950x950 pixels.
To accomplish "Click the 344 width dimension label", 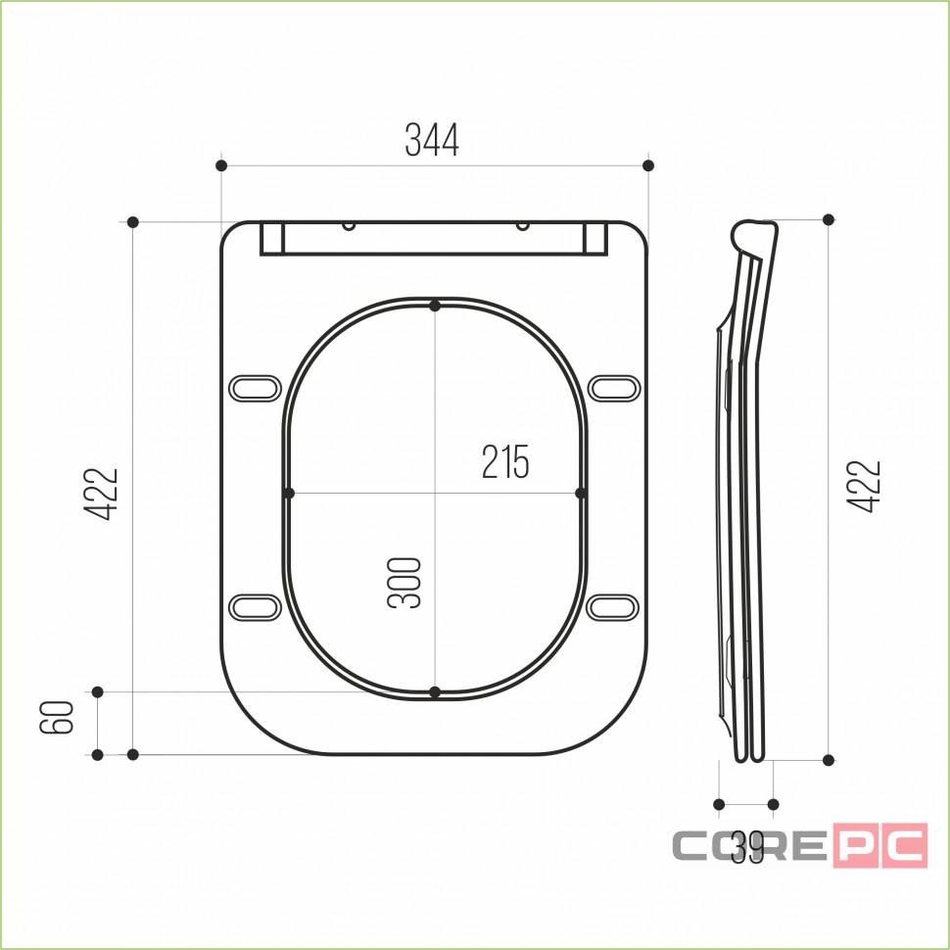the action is coord(432,140).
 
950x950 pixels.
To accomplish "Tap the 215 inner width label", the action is coord(505,461).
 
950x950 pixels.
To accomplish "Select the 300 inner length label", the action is coord(404,583).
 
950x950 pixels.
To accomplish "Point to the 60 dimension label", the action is coord(57,717).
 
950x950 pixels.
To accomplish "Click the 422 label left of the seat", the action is coord(101,494).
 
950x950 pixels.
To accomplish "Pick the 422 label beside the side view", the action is coord(864,487).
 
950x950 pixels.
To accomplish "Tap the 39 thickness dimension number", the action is coord(747,847).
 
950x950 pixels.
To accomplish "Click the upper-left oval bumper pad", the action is coord(255,389).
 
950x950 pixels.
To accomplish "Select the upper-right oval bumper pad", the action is coord(614,389).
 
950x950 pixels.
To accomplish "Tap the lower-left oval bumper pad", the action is coord(255,607).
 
